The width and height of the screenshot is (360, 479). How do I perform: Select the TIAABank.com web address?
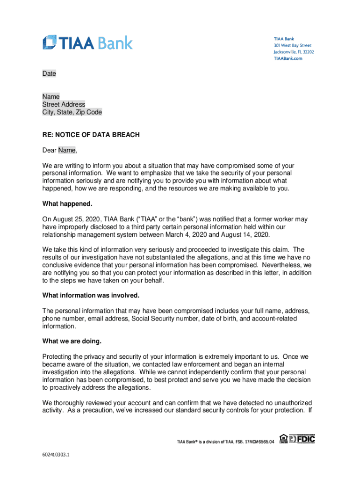pos(288,58)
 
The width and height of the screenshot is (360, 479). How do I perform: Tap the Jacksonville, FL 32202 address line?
pos(294,52)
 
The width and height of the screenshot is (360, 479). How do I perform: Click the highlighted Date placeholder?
pos(49,74)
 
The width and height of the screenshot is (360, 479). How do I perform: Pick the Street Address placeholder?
pos(64,105)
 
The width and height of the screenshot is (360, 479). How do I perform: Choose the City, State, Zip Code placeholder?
pos(72,112)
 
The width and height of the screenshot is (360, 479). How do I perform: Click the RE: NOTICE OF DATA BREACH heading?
pos(91,135)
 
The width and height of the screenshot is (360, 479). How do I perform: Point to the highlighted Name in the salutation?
pos(66,150)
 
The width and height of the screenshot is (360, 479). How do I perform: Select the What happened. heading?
pos(67,203)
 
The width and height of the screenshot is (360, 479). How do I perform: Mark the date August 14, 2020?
pos(246,234)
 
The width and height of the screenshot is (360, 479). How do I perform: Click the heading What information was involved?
pos(91,296)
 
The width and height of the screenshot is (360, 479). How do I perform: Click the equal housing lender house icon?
pos(283,439)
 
